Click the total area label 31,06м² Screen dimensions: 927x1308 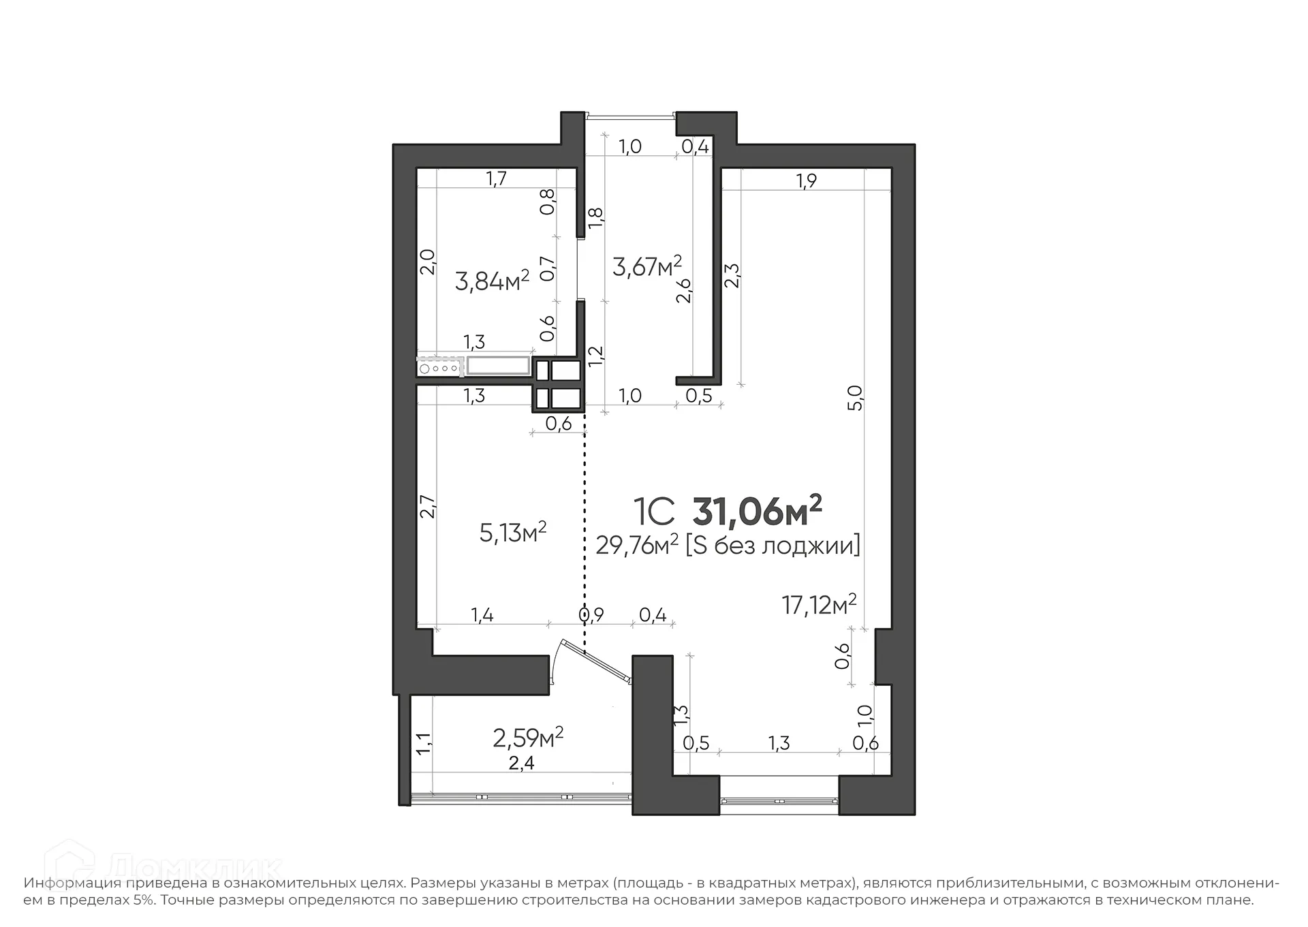click(x=757, y=511)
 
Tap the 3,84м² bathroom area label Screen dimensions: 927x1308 click(x=492, y=280)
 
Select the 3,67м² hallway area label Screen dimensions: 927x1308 click(x=647, y=266)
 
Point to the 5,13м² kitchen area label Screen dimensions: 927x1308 click(x=513, y=532)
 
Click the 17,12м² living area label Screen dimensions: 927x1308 click(x=818, y=603)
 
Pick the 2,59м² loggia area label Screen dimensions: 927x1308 click(x=528, y=737)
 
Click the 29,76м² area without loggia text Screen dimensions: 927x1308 click(x=636, y=545)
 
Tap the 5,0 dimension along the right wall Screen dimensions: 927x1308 click(x=856, y=398)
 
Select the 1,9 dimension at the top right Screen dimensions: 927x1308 click(x=806, y=180)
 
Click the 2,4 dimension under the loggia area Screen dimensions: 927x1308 click(x=521, y=763)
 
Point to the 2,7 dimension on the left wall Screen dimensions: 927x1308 click(x=427, y=506)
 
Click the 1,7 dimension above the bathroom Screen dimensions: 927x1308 click(x=496, y=178)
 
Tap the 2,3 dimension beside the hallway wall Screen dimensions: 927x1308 click(x=732, y=276)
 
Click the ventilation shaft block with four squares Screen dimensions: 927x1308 click(x=558, y=385)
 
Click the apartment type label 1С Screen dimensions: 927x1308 click(x=654, y=512)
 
